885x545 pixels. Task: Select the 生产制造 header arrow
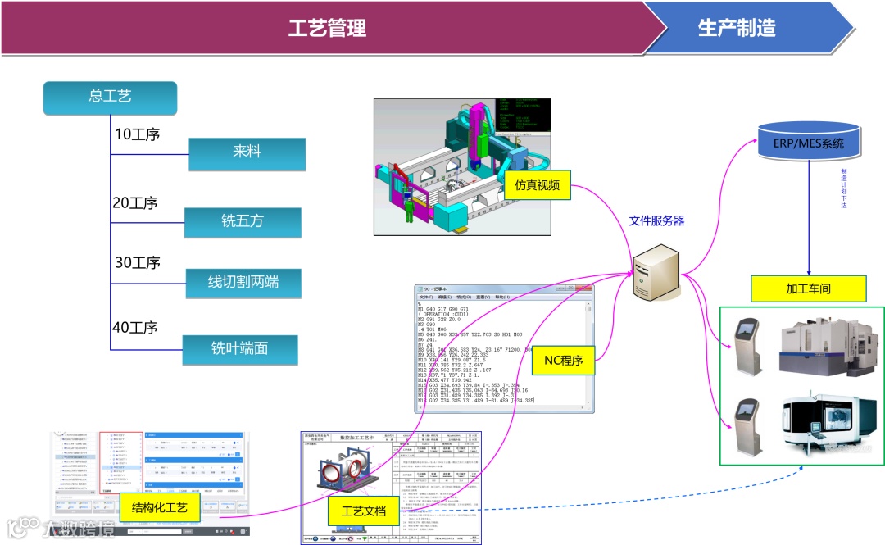pyautogui.click(x=737, y=28)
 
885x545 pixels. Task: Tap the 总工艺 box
pyautogui.click(x=110, y=97)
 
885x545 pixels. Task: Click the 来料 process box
pyautogui.click(x=247, y=152)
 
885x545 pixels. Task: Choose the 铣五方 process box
pyautogui.click(x=243, y=222)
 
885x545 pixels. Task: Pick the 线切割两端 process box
pyautogui.click(x=243, y=283)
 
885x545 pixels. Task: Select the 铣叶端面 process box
pyautogui.click(x=239, y=349)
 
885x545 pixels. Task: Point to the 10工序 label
pyautogui.click(x=136, y=134)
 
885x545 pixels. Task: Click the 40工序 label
pyautogui.click(x=136, y=328)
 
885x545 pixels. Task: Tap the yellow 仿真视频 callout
pyautogui.click(x=537, y=185)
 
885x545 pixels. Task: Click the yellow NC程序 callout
pyautogui.click(x=564, y=360)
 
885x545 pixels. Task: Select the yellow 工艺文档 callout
pyautogui.click(x=363, y=510)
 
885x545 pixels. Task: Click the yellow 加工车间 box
pyautogui.click(x=809, y=288)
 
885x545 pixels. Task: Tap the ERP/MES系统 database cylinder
pyautogui.click(x=809, y=142)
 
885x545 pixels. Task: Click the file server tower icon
pyautogui.click(x=656, y=274)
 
